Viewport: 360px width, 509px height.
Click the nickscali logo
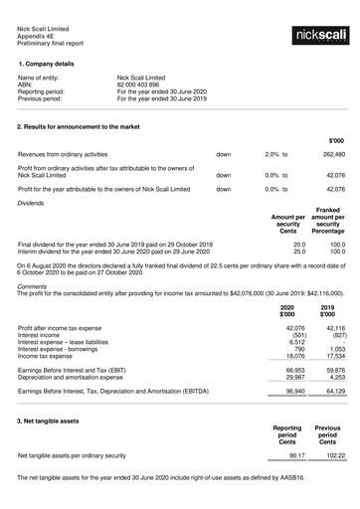[320, 36]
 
